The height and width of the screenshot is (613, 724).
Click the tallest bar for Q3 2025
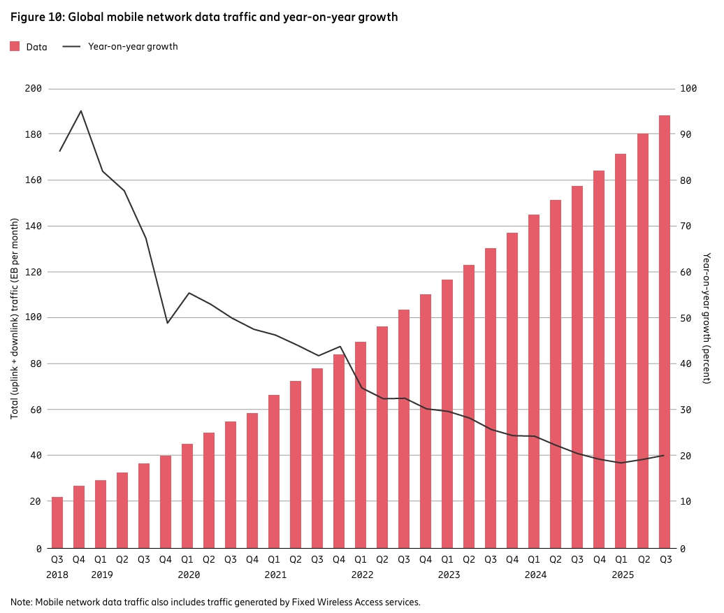pyautogui.click(x=665, y=332)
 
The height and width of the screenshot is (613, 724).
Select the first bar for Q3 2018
pyautogui.click(x=57, y=522)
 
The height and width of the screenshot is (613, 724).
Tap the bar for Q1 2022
pyautogui.click(x=361, y=445)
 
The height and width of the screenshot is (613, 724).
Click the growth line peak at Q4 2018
pyautogui.click(x=81, y=111)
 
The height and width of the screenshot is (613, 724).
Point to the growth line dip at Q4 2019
pyautogui.click(x=167, y=322)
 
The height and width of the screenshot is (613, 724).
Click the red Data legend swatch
pyautogui.click(x=15, y=46)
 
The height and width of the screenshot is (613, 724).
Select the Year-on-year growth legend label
pyautogui.click(x=133, y=46)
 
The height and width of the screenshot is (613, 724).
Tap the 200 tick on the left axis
pyautogui.click(x=34, y=88)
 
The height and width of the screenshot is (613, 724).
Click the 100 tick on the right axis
pyautogui.click(x=688, y=88)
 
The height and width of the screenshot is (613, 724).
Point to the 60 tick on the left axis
pyautogui.click(x=36, y=410)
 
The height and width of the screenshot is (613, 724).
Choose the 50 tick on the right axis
pyautogui.click(x=686, y=318)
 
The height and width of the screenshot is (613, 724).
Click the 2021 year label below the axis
pyautogui.click(x=275, y=575)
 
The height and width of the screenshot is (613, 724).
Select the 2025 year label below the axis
pyautogui.click(x=623, y=575)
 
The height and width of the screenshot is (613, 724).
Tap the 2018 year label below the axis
pyautogui.click(x=57, y=575)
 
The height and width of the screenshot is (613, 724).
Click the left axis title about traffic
pyautogui.click(x=14, y=318)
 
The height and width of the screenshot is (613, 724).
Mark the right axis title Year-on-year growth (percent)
pyautogui.click(x=707, y=318)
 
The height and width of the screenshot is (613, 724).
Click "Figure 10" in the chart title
pyautogui.click(x=38, y=17)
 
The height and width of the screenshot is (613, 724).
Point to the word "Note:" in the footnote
pyautogui.click(x=22, y=602)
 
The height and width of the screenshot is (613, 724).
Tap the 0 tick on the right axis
pyautogui.click(x=683, y=549)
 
